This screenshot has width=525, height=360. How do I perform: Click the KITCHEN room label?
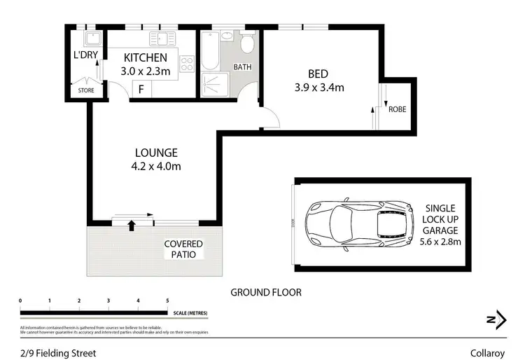point(146,57)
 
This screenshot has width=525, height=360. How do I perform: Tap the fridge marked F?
point(141,89)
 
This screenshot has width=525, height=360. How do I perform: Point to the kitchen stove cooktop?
point(187,64)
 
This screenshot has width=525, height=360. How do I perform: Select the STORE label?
point(85,90)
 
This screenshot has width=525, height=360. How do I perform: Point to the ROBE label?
point(397,109)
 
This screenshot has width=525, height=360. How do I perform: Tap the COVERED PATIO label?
point(183,249)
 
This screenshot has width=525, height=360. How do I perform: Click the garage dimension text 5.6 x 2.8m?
point(440,242)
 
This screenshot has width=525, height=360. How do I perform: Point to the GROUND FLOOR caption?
point(267,292)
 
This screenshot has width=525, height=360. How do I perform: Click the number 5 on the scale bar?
point(167,300)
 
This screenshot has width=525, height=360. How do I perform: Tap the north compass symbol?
point(495,318)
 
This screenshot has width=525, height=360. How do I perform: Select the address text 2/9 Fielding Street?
point(57,352)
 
